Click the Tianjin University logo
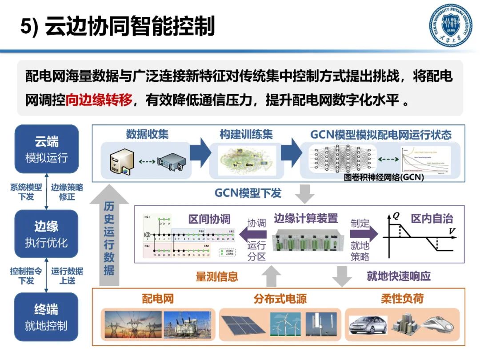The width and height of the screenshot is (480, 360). pos(450,25)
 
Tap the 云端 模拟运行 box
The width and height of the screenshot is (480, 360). pos(46,149)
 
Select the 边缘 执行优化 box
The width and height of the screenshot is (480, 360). pos(46,234)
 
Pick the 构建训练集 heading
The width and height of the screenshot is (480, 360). pos(246,134)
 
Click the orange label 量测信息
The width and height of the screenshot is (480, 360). pos(217,276)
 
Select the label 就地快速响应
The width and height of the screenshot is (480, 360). pos(398,276)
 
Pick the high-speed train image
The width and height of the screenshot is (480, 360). pos(440,326)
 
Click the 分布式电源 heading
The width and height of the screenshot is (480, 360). pos(280,299)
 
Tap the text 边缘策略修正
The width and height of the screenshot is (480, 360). pos(67,192)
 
